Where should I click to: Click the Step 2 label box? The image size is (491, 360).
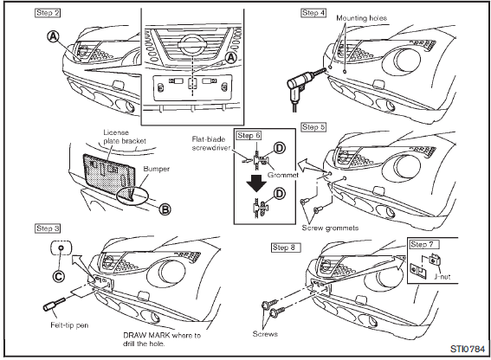48,13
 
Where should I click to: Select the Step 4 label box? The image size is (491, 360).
313,13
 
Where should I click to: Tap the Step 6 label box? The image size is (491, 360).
249,136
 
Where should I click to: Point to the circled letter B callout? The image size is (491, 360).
165,209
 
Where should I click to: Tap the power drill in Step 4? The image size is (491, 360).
304,84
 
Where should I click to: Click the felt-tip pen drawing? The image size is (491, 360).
54,305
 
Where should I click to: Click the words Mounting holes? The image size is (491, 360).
361,18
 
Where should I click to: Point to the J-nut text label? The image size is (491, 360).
443,277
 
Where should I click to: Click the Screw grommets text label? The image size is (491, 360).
330,228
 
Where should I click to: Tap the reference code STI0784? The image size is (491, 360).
468,349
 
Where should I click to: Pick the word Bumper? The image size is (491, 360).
156,169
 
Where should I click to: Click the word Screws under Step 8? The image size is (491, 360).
265,334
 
